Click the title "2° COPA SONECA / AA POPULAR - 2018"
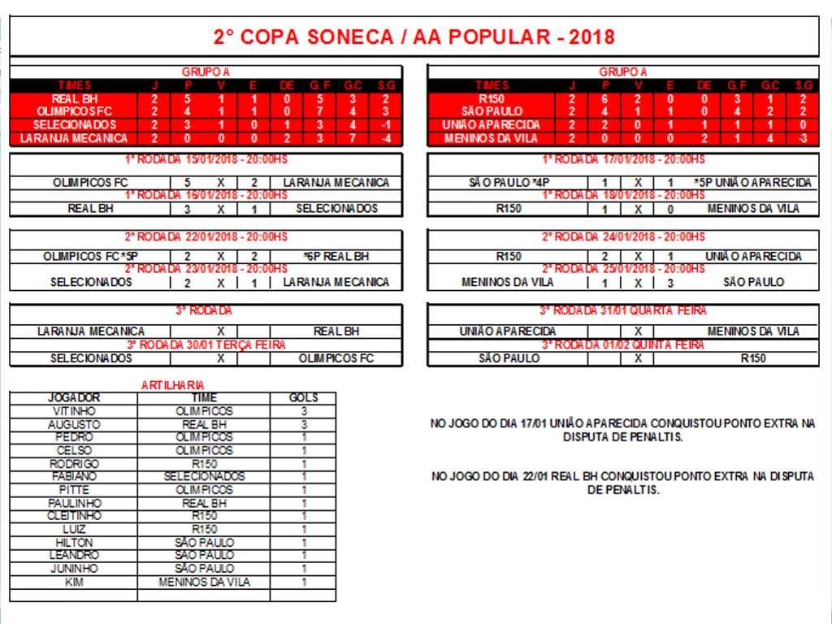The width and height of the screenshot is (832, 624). click(x=414, y=37)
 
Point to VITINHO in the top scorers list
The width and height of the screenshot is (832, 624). click(x=73, y=411)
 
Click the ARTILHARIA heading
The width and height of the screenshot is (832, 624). click(x=173, y=385)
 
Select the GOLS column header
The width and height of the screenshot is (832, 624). click(x=303, y=398)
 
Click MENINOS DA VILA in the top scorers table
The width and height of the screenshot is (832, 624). click(x=204, y=582)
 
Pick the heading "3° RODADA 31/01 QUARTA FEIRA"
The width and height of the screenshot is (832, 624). click(x=623, y=310)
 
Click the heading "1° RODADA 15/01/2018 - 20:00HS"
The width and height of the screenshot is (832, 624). click(x=206, y=159)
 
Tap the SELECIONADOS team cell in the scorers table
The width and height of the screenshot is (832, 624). click(x=204, y=476)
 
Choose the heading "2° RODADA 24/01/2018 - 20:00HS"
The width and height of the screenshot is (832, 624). click(x=623, y=237)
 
